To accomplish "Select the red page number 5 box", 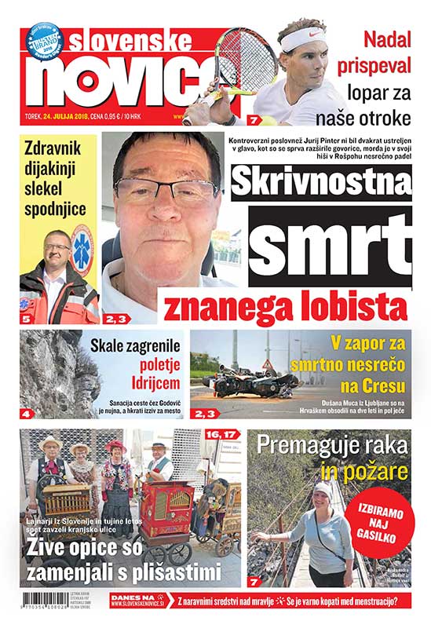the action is (26, 319).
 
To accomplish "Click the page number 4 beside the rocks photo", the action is (26, 413).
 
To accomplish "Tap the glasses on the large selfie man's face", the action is (165, 190).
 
